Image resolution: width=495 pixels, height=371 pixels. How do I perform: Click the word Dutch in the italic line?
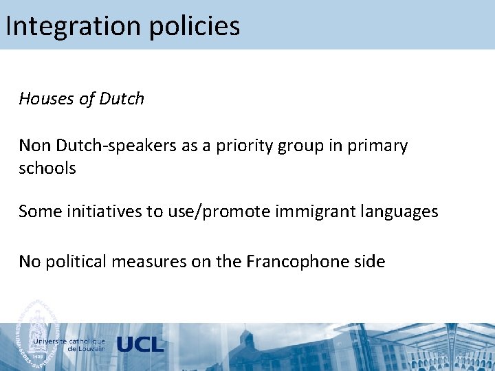tap(122, 99)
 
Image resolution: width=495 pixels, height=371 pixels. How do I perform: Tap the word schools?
tap(47, 168)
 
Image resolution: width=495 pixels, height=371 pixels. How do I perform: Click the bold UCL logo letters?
tap(140, 345)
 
